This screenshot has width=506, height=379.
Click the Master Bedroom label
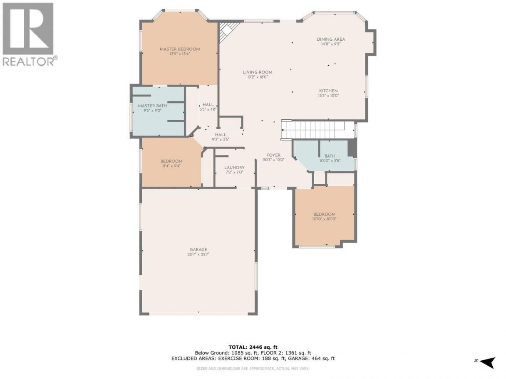[180, 49]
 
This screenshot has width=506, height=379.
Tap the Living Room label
[258, 72]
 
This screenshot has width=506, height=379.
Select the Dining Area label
[331, 39]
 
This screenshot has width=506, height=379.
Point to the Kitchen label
[328, 91]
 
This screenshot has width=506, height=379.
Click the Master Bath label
[152, 106]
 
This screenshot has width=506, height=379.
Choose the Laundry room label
[234, 167]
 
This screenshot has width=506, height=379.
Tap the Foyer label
[273, 155]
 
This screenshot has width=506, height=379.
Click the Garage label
[198, 249]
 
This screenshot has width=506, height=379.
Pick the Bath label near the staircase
[330, 156]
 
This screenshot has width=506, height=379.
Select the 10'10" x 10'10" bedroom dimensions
[324, 219]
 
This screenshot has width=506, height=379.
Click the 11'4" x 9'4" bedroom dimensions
[171, 166]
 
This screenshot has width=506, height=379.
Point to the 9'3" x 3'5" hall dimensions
[221, 139]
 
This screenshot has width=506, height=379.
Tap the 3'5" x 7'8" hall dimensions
[208, 109]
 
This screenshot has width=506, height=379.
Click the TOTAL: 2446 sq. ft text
[253, 347]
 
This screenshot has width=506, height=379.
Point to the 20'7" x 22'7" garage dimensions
[198, 254]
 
